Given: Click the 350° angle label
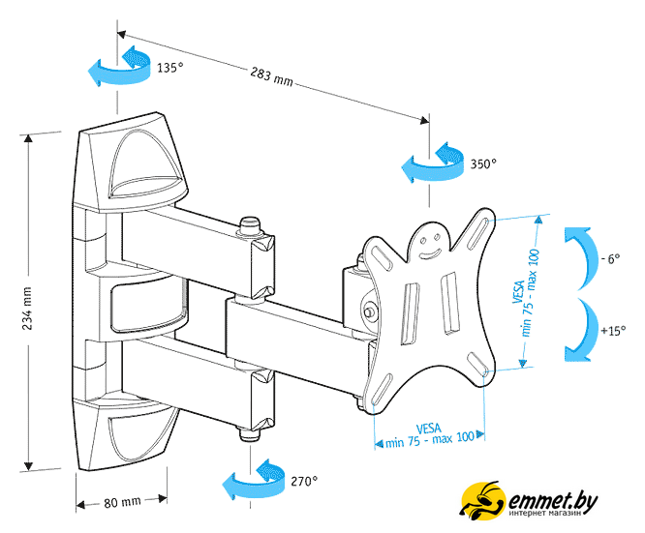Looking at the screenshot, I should (x=482, y=164).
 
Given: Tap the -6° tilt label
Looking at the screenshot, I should (x=609, y=259).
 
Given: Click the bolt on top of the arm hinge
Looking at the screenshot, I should (x=250, y=224).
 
